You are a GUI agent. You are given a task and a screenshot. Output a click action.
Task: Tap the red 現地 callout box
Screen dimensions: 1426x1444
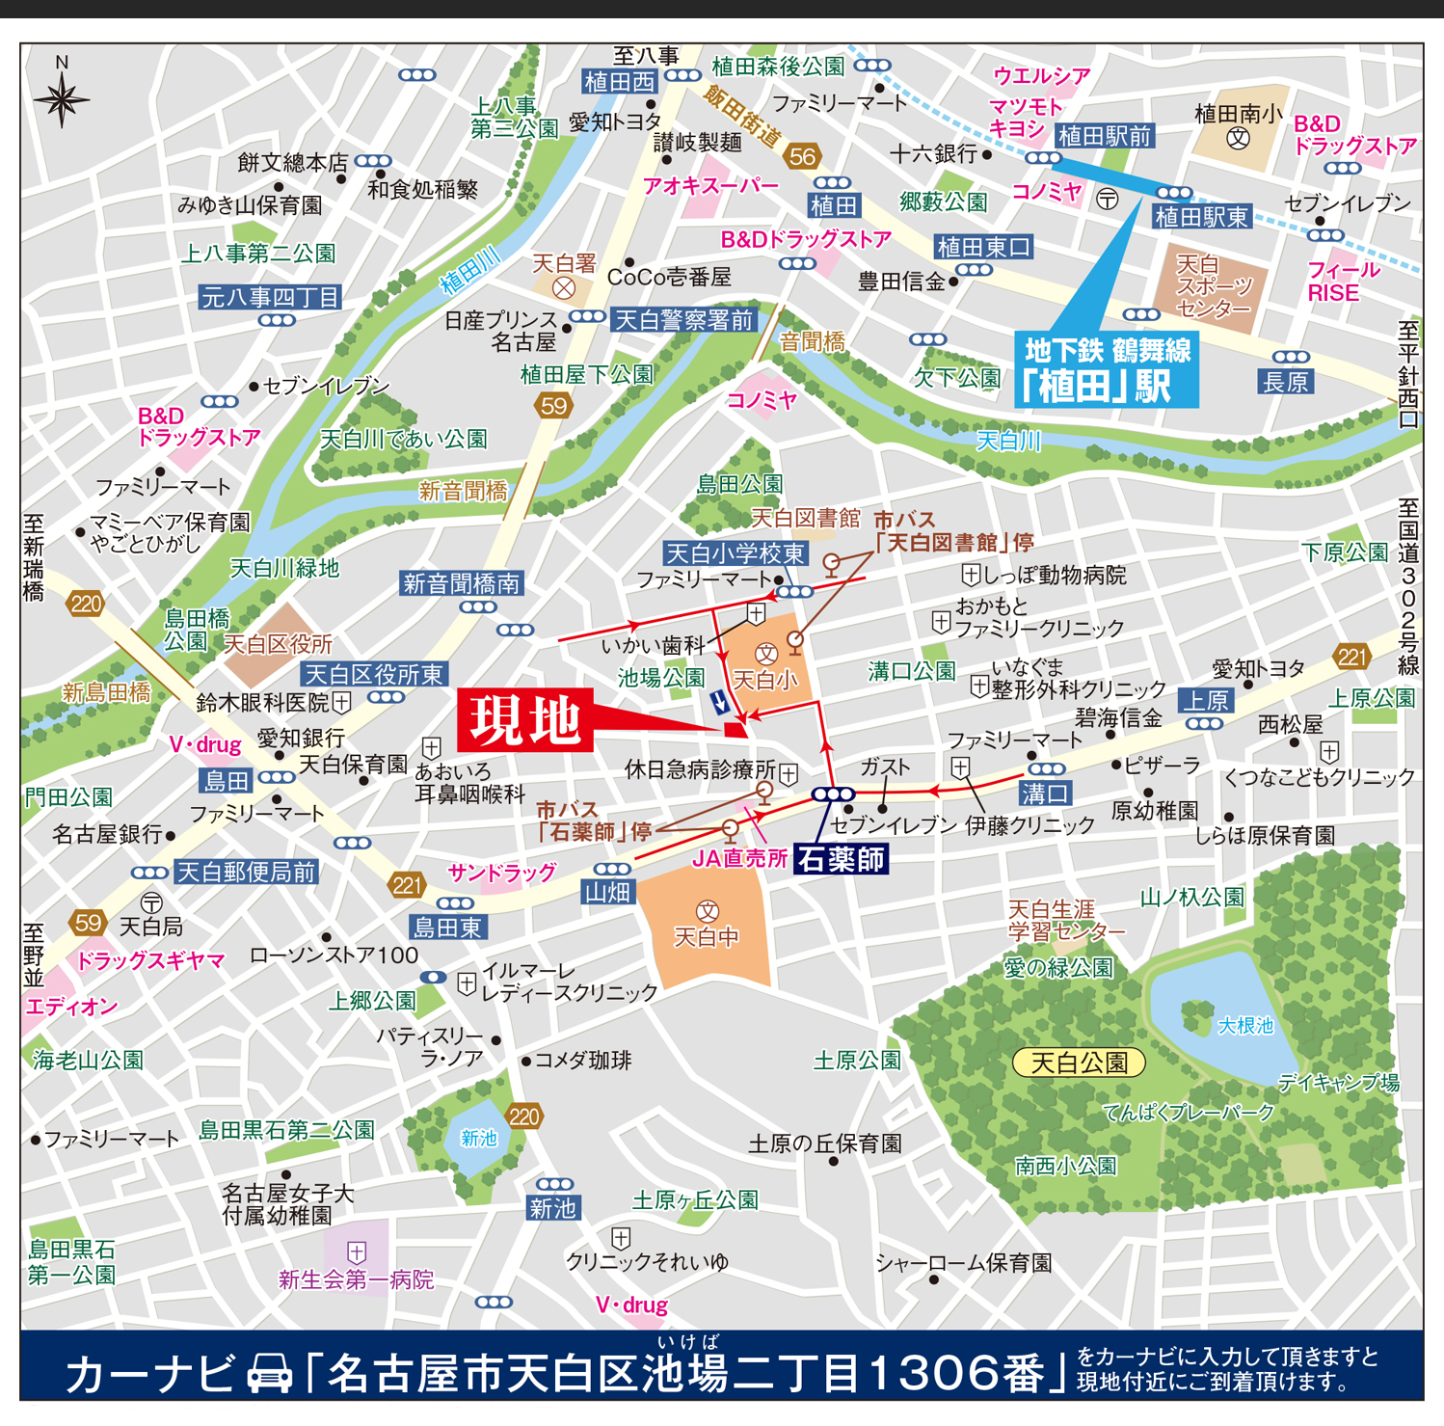point(525,720)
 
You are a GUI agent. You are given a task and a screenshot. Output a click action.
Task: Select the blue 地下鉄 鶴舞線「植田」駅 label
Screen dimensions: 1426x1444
point(1107,369)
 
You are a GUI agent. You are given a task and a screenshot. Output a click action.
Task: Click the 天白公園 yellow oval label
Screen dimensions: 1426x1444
point(1079,1063)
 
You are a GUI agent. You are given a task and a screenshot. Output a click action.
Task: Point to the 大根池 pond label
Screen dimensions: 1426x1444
point(1245,1026)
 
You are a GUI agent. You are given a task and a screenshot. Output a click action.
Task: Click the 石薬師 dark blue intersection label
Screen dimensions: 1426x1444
point(841,859)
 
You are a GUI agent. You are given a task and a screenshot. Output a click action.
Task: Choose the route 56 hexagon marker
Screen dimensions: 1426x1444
point(802,156)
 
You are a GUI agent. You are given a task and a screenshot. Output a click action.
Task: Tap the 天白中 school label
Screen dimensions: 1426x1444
point(707,936)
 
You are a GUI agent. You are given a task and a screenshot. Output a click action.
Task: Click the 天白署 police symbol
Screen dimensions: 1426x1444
point(564,287)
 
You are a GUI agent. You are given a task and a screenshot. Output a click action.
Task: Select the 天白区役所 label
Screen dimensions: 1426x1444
point(278,644)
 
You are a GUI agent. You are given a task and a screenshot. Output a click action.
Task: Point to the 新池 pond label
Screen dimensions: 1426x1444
point(478,1139)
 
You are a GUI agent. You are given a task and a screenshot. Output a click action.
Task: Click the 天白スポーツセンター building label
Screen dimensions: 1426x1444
point(1213,286)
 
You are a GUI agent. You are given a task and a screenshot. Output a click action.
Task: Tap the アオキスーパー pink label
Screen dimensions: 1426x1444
point(710,186)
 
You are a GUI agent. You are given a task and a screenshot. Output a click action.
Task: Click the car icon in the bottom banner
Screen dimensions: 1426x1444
point(270,1373)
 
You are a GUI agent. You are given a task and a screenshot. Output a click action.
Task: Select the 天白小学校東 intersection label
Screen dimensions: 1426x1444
point(736,553)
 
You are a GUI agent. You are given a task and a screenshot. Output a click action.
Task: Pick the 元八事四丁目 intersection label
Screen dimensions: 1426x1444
point(270,297)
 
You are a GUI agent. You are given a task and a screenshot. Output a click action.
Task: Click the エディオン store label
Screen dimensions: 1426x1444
point(72,1007)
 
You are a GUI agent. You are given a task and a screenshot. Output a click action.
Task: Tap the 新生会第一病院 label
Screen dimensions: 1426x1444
point(356,1279)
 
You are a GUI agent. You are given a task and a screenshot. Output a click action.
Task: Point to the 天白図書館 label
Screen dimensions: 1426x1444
point(805,519)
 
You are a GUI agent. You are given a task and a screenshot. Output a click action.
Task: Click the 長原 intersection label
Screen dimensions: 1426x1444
point(1286,382)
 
